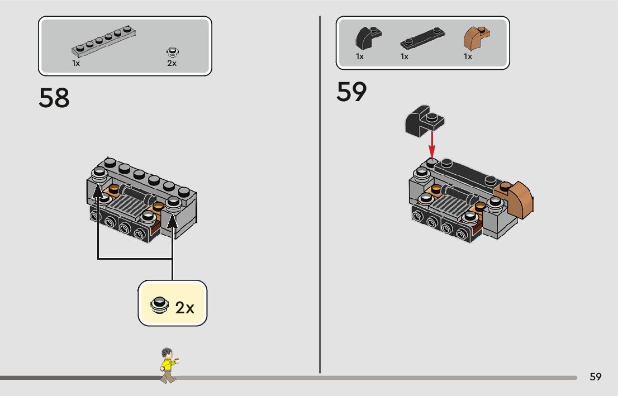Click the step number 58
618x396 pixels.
[54, 98]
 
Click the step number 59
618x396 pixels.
[351, 93]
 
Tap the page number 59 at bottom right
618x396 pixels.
[595, 377]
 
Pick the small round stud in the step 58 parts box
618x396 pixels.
[172, 53]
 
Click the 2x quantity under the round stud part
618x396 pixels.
[172, 64]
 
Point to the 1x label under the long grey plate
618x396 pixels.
[76, 64]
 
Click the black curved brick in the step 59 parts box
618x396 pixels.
[368, 39]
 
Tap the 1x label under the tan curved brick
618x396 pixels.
[468, 56]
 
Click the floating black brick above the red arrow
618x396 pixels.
[424, 120]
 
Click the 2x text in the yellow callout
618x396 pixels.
[184, 307]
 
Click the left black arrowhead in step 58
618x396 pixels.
[98, 193]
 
